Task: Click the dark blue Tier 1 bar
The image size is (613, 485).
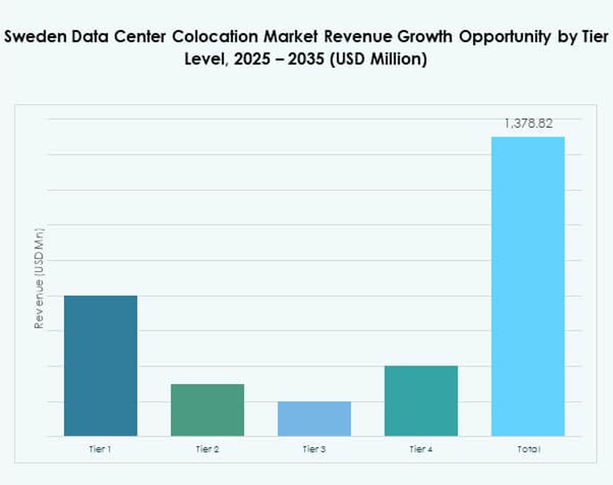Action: (100, 365)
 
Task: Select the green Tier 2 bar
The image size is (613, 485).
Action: (207, 410)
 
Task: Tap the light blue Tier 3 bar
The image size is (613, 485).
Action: (314, 418)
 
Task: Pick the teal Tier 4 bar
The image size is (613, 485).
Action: (421, 400)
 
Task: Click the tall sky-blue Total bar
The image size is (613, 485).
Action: (527, 286)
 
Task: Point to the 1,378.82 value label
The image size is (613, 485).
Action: (529, 124)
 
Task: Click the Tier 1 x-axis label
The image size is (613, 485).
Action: (100, 449)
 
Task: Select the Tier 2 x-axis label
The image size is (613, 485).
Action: (207, 449)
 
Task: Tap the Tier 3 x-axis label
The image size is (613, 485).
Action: (314, 449)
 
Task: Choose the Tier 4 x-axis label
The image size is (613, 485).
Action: (421, 449)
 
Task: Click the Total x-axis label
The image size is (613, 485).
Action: (529, 449)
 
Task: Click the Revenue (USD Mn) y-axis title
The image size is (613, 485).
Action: (39, 278)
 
